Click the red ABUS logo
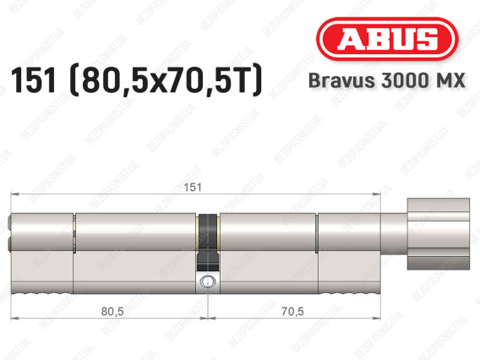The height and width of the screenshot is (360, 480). coord(387,39)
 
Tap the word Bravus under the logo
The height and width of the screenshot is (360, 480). coord(341,80)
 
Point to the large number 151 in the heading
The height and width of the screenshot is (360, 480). coord(34,80)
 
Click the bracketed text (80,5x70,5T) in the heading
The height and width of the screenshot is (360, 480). coord(166,80)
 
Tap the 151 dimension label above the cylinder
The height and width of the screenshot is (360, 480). coord(193,187)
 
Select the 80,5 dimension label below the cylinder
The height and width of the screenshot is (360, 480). coord(112,311)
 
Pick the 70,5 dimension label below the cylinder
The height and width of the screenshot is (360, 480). coord(292,311)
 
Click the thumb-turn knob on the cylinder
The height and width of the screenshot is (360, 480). coord(439,234)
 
